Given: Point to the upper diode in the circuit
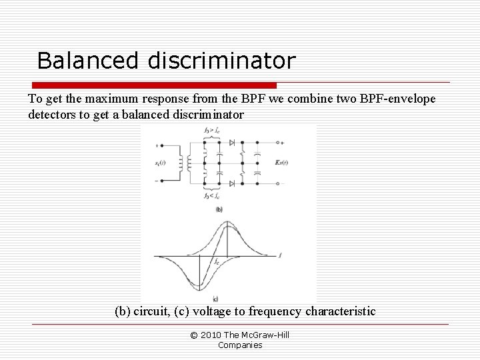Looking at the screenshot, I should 231,143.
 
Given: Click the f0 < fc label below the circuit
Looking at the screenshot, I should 211,197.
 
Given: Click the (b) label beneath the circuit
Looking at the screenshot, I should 218,209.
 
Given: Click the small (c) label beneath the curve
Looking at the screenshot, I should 216,297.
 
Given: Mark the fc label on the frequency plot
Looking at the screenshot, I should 217,262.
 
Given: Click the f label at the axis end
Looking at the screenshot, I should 281,255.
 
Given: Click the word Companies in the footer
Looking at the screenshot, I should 240,345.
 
